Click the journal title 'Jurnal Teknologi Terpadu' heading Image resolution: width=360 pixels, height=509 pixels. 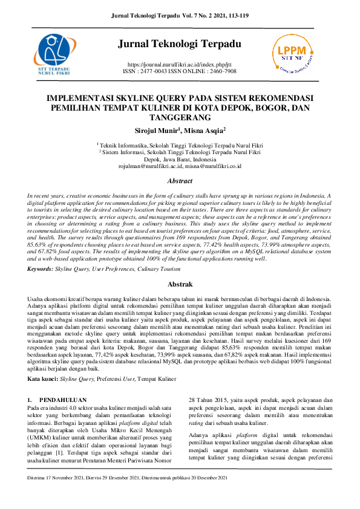pos(180,44)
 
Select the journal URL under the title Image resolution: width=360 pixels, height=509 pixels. pos(180,63)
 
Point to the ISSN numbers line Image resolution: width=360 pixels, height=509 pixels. pos(180,71)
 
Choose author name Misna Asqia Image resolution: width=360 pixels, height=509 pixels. pos(206,130)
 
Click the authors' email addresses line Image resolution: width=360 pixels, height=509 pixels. pos(180,166)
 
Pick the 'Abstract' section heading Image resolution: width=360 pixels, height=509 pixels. pos(180,181)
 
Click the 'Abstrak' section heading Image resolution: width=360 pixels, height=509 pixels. pos(180,284)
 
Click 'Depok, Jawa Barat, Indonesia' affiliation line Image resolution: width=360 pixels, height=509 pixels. pos(180,159)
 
